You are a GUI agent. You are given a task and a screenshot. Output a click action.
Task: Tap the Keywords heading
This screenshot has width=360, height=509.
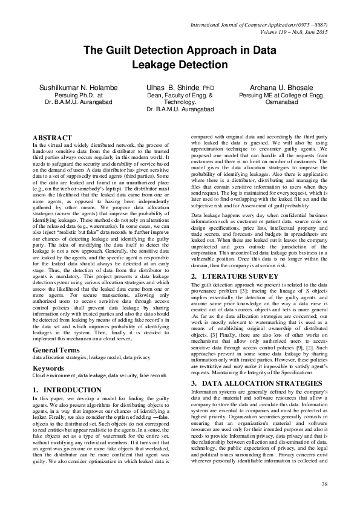(48, 351)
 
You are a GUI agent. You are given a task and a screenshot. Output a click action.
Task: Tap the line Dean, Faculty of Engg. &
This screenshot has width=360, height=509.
(180, 96)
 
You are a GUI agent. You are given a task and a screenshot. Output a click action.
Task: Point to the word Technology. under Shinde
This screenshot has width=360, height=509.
(180, 103)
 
